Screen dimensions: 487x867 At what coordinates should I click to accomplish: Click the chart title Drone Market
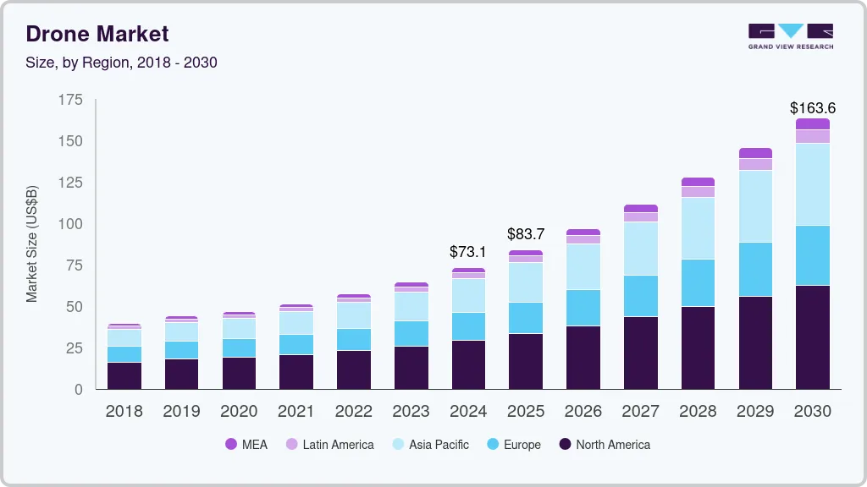97,34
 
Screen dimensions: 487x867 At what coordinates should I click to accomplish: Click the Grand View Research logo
791,36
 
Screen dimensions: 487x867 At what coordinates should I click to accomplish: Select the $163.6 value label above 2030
812,108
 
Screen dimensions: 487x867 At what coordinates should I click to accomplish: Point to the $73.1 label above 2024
468,252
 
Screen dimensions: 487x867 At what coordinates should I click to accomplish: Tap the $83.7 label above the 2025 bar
526,234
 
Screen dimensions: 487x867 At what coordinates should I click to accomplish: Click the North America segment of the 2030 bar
812,337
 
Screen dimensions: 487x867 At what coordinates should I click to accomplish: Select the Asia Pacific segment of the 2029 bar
755,206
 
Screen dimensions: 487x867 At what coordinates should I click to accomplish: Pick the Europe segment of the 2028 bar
698,282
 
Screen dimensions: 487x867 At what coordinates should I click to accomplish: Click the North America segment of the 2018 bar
124,375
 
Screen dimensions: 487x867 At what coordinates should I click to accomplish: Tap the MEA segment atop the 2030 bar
812,123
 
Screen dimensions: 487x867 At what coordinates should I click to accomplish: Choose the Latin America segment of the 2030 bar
812,136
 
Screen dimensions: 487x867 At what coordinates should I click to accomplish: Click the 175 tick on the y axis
71,100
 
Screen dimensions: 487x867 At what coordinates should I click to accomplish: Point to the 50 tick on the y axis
75,307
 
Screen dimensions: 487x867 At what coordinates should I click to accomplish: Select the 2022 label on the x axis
353,412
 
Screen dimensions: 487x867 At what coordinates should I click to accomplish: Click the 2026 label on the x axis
583,412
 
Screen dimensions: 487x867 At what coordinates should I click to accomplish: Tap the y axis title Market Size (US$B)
32,243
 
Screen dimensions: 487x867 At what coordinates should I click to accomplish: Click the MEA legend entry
246,444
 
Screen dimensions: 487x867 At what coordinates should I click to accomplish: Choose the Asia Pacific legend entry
429,444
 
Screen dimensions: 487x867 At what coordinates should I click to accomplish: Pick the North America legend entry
605,444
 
